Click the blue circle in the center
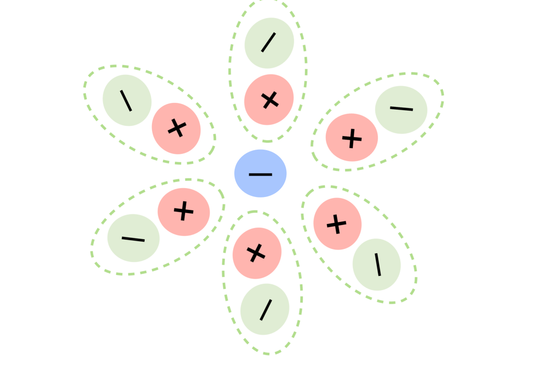260,174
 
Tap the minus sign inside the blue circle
260,174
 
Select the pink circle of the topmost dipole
269,99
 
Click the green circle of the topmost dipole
269,43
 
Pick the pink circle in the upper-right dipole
352,138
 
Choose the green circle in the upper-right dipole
401,109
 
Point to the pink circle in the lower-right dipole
337,223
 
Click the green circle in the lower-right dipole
377,265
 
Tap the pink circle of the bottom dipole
257,253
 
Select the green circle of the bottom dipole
265,309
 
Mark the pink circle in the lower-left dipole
183,212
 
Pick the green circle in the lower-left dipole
133,239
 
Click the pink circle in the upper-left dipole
176,128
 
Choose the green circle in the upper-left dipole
127,100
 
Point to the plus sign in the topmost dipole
269,100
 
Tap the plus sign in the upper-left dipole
177,128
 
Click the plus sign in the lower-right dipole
337,224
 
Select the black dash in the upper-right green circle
401,109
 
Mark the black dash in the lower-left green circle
133,239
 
